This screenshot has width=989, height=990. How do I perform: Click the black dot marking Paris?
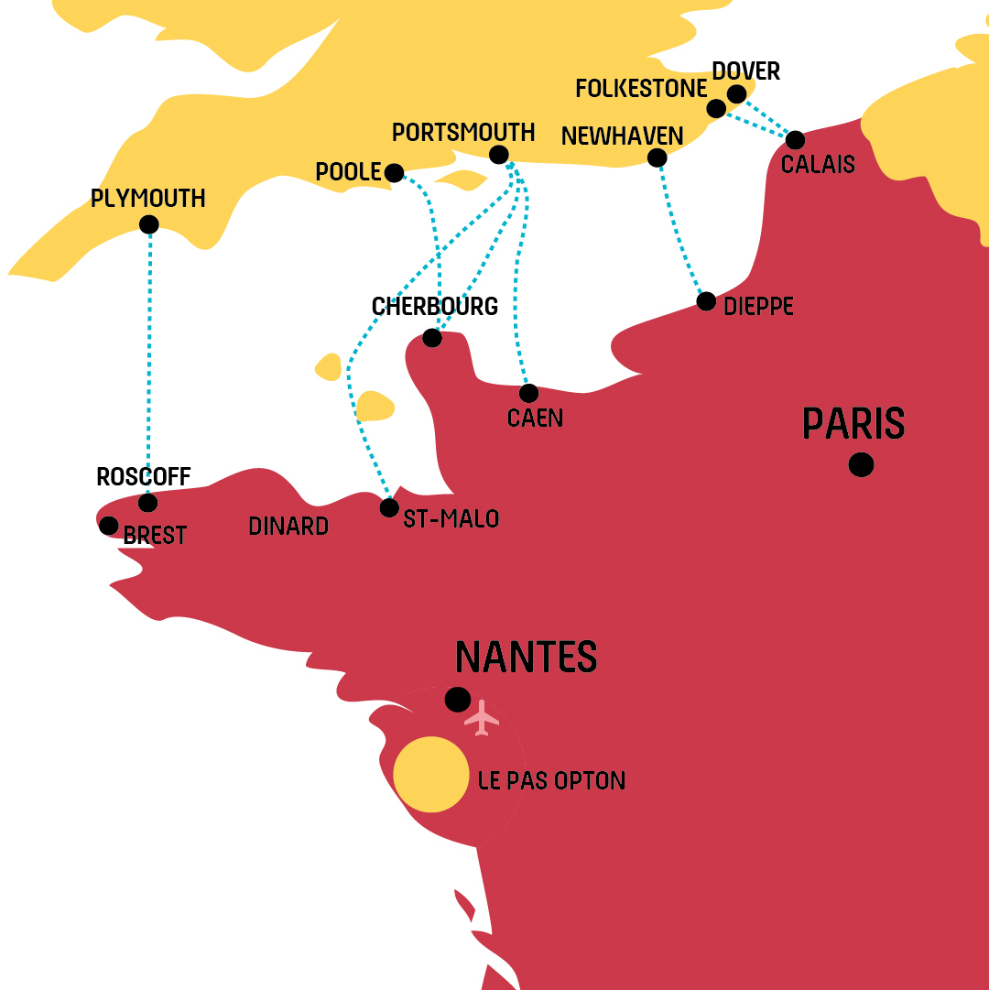pos(861,465)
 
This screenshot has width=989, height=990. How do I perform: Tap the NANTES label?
pos(526,658)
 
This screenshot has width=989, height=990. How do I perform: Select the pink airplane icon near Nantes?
pos(482,717)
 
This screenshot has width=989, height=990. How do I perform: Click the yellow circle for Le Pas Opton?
pos(431,774)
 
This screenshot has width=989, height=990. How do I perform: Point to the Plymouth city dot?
pos(149,224)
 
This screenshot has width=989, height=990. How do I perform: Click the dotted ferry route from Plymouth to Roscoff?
pos(148,366)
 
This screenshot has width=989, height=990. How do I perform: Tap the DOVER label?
pos(745,71)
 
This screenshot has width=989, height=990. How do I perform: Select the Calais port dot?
pos(795,140)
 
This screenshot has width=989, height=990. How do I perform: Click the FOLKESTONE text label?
pos(641,89)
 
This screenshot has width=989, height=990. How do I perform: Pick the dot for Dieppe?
pos(706,301)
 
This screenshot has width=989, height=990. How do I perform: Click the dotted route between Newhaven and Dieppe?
pos(679,229)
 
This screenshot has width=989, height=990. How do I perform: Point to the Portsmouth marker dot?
pos(499,154)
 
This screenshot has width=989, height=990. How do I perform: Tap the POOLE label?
pos(348,172)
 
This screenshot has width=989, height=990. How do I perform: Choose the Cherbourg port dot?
pos(432,338)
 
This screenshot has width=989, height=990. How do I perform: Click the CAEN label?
pos(535,419)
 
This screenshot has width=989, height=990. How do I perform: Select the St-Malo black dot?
pos(389,507)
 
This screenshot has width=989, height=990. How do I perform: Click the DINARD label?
pos(288,527)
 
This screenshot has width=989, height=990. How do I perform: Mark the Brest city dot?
pos(108,526)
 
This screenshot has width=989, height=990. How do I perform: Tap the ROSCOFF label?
pos(143,477)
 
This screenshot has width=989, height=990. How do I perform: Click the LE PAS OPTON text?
pos(552,781)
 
